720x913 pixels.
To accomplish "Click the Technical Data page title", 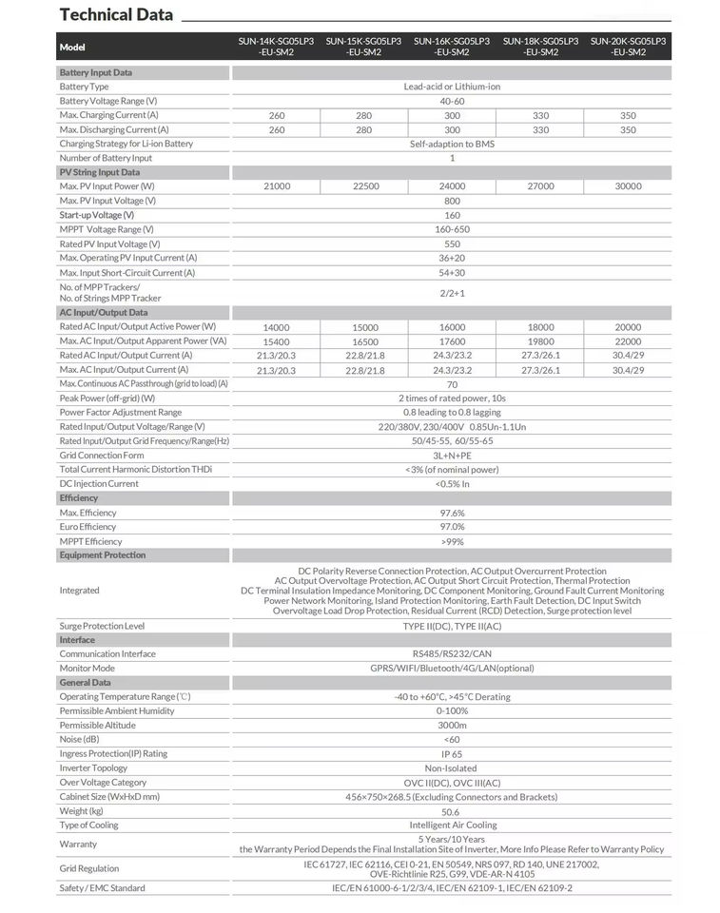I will tap(116, 15).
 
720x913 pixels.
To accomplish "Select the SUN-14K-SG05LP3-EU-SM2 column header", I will tap(277, 47).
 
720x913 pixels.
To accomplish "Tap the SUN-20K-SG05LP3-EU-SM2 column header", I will tap(628, 47).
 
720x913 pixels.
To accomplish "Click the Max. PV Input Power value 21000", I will tap(277, 186).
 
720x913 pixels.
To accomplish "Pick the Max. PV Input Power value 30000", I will tap(628, 186).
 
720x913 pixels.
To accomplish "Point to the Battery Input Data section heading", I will tap(96, 72).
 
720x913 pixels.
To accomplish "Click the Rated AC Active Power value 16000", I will tap(452, 327).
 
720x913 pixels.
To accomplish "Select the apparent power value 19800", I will tap(540, 341).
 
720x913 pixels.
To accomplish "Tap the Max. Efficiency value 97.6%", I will tap(452, 513).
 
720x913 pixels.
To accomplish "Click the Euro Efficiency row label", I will tap(88, 527).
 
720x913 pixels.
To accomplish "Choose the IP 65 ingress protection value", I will tap(452, 754).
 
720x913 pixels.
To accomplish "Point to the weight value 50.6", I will tap(452, 811).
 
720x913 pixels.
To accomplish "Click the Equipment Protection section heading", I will tap(103, 555).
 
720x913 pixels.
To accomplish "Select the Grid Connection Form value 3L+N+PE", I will tap(452, 456).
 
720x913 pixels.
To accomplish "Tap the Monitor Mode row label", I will tap(88, 669).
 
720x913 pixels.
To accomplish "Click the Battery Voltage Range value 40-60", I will tap(452, 101).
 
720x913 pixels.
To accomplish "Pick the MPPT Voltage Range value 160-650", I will tap(452, 229).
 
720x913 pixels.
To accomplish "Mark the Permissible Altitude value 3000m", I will tap(452, 726).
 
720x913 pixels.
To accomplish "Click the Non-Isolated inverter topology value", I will tap(452, 768).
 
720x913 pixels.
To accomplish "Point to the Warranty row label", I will tap(78, 845).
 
